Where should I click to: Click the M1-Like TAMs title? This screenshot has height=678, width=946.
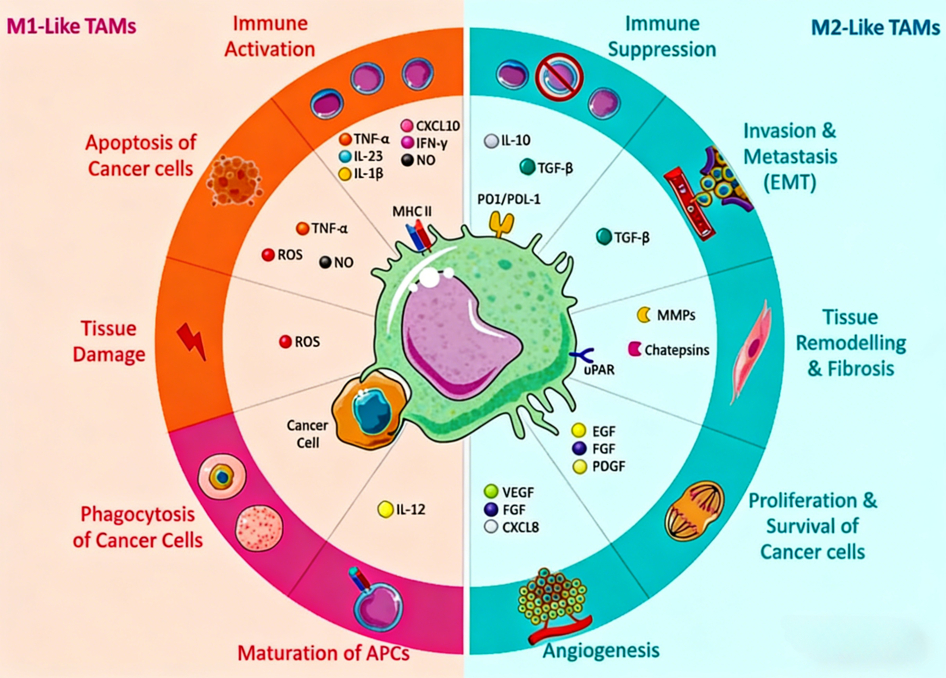71,26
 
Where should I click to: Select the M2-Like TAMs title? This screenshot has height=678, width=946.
876,27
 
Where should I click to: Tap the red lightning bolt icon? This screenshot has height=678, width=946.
192,341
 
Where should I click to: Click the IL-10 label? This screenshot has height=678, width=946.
515,140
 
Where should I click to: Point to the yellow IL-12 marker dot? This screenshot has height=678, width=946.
385,509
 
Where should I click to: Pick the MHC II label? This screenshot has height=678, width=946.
412,212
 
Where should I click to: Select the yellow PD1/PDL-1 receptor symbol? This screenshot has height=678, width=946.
501,224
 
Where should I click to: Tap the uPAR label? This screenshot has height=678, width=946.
599,370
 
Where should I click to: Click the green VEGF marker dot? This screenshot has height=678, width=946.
491,491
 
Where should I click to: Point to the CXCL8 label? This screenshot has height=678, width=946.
521,527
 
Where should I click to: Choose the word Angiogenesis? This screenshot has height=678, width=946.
601,650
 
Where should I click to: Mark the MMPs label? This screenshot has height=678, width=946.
676,315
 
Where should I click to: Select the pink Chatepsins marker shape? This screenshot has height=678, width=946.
634,349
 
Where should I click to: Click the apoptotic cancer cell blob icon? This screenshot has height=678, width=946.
234,181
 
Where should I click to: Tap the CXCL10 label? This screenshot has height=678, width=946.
438,126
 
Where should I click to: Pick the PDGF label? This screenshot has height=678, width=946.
609,466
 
